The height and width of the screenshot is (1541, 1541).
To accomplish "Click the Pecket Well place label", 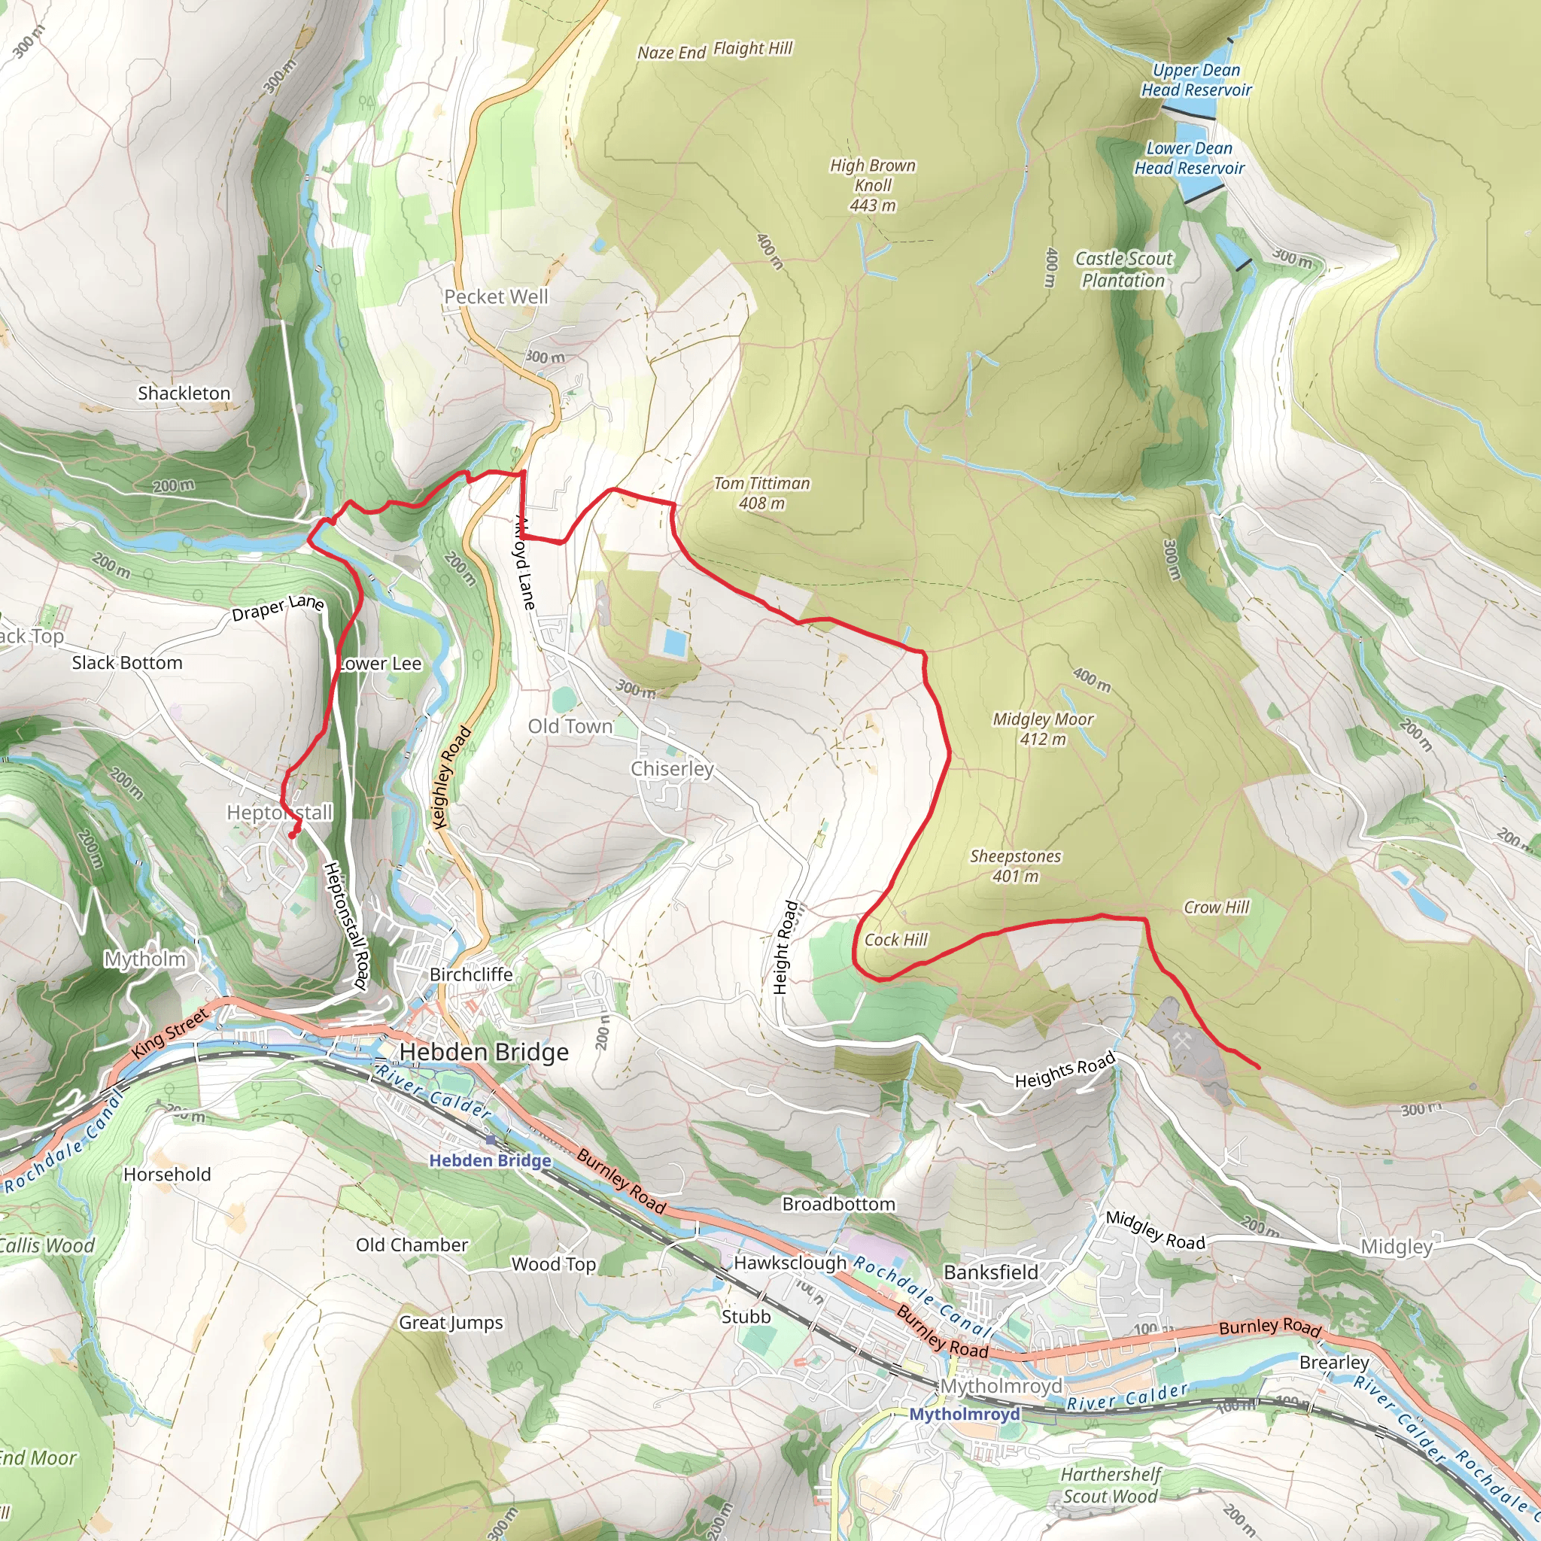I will click(496, 296).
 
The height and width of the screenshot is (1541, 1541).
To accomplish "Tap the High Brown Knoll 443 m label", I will click(873, 185).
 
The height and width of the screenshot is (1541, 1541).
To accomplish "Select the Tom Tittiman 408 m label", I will click(761, 493).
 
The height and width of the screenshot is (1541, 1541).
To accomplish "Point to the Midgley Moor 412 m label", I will click(1042, 729).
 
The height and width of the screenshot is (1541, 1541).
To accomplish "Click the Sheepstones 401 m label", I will click(1015, 866).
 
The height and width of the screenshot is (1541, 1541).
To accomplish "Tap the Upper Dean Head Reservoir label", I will click(1196, 80).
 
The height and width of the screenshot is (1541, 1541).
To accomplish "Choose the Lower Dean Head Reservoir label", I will click(1190, 158).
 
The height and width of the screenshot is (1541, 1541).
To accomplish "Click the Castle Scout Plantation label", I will click(1124, 269).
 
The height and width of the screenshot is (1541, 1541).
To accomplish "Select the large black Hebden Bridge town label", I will click(484, 1052).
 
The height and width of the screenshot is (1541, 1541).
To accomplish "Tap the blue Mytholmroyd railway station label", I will click(965, 1414).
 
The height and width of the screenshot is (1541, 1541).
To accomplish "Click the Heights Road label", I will click(1065, 1071).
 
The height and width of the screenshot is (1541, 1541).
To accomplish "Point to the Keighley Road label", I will click(451, 778).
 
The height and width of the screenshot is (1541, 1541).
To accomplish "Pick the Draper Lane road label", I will click(278, 608).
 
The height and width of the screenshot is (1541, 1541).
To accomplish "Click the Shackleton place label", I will click(184, 394).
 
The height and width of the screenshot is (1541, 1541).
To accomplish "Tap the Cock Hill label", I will click(895, 940).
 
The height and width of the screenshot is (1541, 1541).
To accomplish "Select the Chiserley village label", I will click(673, 769).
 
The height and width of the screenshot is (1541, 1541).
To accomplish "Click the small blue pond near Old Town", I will click(674, 643).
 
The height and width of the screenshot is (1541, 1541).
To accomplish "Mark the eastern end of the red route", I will click(1259, 1067).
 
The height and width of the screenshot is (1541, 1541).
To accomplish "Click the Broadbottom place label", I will click(838, 1204).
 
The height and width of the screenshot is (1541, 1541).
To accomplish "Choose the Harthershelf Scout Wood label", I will click(1111, 1485).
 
